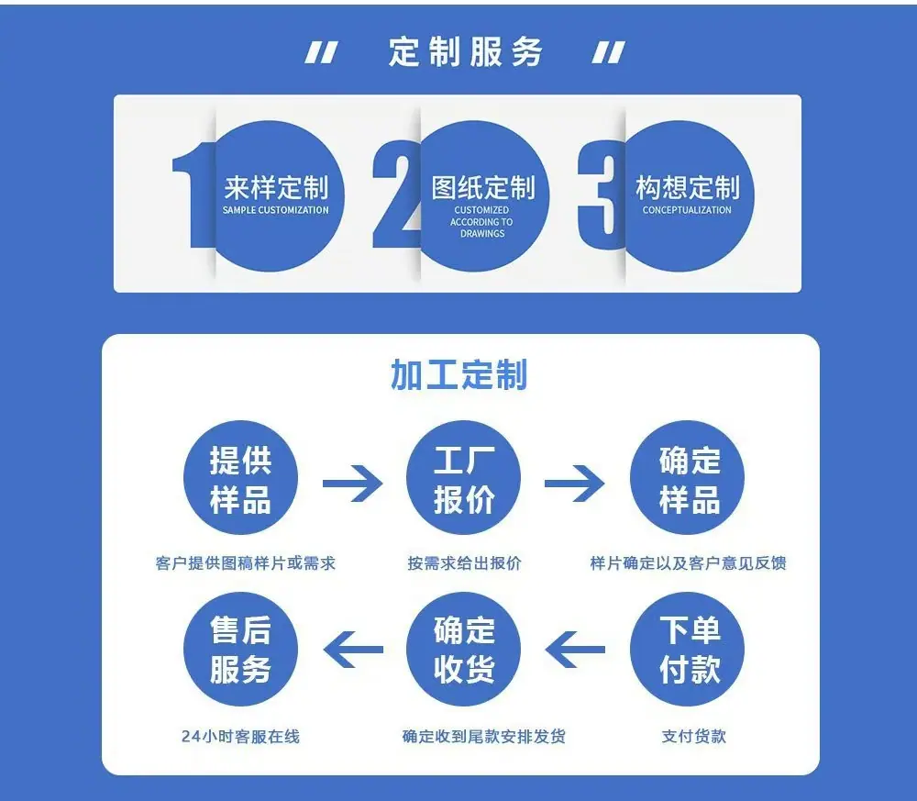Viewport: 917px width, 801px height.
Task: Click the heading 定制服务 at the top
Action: coord(466,51)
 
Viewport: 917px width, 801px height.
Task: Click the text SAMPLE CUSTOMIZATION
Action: coord(275,210)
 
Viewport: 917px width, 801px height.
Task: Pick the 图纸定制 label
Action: coord(483,188)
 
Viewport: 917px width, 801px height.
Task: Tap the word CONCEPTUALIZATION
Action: coord(687,210)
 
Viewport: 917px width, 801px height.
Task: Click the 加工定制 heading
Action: coord(459,374)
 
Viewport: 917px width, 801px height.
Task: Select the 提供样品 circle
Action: coord(240,478)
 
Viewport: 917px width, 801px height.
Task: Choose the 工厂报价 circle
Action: coord(464,478)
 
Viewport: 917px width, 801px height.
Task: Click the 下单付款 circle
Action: coord(687,649)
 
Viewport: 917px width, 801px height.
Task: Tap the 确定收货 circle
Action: coord(464,649)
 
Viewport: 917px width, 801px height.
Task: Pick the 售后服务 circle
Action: coord(240,649)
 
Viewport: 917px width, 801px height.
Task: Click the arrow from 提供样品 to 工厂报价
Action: coord(353,484)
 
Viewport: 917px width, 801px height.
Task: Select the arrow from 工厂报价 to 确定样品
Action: coord(575,484)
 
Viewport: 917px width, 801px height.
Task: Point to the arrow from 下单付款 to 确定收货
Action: coord(575,650)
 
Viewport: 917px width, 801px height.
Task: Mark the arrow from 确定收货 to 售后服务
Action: coord(353,650)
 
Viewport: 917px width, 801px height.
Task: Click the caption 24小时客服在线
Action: coord(240,736)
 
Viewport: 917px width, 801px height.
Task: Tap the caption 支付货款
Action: coord(693,736)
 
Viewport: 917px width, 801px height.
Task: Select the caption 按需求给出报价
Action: coord(464,562)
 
